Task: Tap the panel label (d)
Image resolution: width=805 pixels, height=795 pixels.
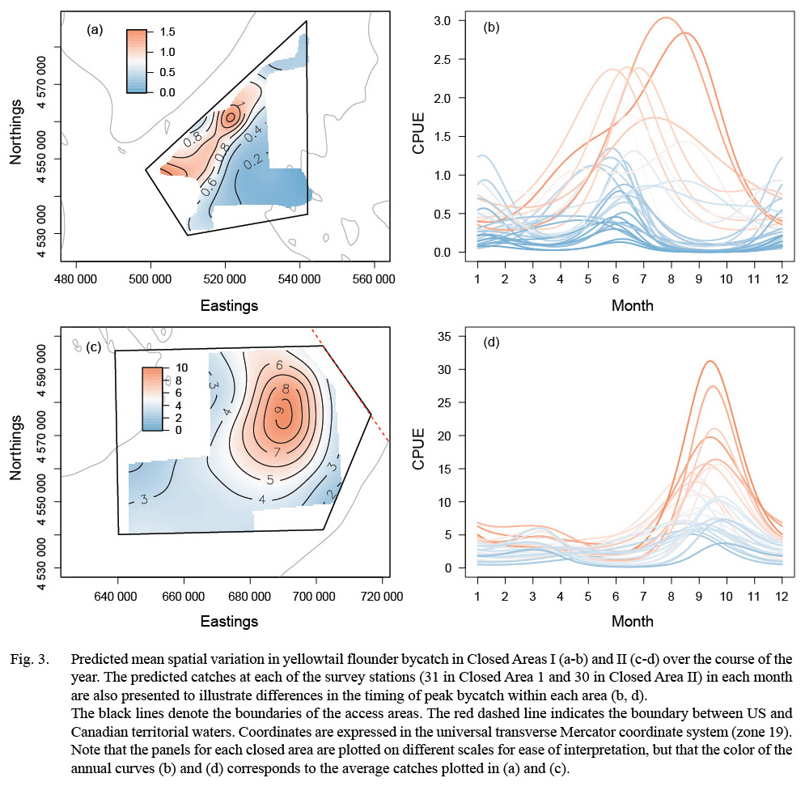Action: pyautogui.click(x=492, y=342)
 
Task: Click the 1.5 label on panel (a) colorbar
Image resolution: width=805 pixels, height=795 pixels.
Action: pyautogui.click(x=167, y=32)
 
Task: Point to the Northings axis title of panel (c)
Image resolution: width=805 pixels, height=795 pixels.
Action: pyautogui.click(x=15, y=451)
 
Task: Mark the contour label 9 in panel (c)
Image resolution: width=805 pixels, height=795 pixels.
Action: pyautogui.click(x=279, y=410)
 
